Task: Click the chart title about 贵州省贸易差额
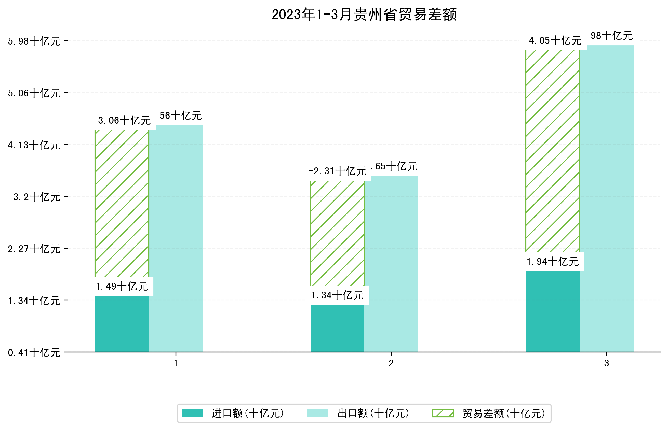(364, 15)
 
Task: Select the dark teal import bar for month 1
(122, 324)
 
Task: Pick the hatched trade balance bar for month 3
(552, 151)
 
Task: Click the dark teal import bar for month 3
(552, 311)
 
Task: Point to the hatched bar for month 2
(337, 233)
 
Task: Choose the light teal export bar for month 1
(176, 239)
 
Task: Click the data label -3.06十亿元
(122, 121)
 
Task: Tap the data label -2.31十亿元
(337, 171)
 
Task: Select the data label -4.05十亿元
(552, 41)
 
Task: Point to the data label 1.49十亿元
(122, 286)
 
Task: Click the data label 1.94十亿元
(552, 262)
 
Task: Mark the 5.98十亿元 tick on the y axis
(34, 41)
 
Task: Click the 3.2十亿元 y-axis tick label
(37, 197)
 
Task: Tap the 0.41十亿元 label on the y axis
(34, 353)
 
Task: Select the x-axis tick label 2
(391, 363)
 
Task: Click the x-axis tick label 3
(606, 363)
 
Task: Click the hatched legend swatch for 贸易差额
(443, 413)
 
